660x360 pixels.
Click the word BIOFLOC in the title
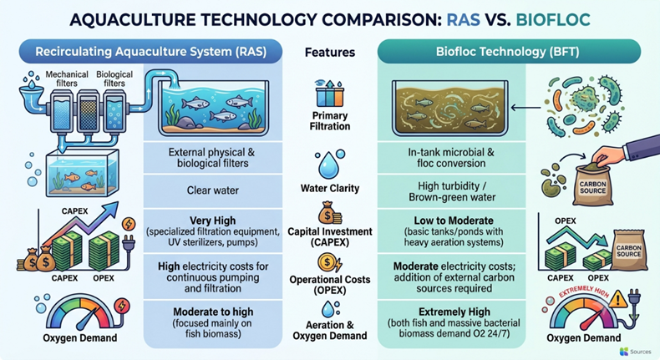(x=553, y=19)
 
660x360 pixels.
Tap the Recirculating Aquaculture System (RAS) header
(x=150, y=52)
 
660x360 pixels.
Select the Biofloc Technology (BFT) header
(x=509, y=52)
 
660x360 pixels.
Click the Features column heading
(x=330, y=53)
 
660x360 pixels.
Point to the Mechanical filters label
(x=67, y=79)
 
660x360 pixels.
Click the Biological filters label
(x=114, y=79)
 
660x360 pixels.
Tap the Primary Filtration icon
(x=330, y=93)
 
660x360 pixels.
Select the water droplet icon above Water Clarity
(x=330, y=164)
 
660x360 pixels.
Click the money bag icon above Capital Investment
(x=330, y=213)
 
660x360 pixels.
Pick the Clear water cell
(x=212, y=190)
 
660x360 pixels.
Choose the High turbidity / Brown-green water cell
(x=452, y=191)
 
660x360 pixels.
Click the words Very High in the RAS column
(x=212, y=221)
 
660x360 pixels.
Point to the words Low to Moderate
(x=454, y=221)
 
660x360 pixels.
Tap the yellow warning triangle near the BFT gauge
(x=618, y=298)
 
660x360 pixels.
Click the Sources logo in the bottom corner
(x=636, y=351)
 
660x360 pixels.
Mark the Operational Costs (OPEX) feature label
(x=330, y=285)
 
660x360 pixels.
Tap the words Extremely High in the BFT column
(x=454, y=312)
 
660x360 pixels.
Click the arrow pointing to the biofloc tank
(x=525, y=108)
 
